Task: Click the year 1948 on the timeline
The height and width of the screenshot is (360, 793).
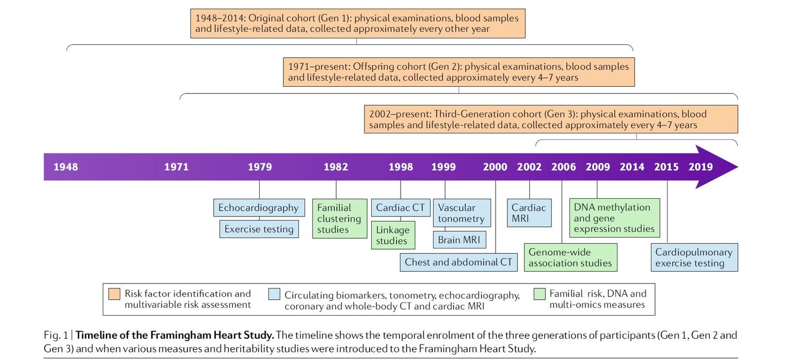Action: click(66, 167)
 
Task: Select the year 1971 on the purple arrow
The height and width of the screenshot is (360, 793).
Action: click(177, 167)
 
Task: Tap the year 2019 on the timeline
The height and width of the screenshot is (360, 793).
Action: click(701, 167)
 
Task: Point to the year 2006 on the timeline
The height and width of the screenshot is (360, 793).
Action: click(563, 167)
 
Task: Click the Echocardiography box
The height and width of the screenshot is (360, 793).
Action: click(258, 208)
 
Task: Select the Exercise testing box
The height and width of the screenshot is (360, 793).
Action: click(259, 229)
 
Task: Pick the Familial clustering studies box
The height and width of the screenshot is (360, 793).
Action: click(339, 218)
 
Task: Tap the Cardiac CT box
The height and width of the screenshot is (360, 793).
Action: click(400, 208)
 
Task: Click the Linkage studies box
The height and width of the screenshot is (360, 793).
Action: click(392, 235)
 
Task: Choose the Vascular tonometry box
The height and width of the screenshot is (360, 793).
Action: click(461, 213)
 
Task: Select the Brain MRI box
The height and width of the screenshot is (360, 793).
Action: click(459, 240)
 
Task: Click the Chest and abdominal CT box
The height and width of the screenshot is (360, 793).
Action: click(458, 262)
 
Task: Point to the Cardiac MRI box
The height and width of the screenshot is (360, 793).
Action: click(529, 213)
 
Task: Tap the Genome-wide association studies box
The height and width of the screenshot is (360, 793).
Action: click(570, 257)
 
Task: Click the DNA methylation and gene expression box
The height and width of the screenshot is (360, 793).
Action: click(614, 218)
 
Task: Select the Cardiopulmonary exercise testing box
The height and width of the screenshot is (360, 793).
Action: click(693, 257)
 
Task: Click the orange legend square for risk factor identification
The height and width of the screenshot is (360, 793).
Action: click(115, 294)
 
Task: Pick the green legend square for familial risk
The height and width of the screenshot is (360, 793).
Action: click(540, 294)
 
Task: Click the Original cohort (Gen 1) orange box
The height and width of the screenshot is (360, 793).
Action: click(357, 23)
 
